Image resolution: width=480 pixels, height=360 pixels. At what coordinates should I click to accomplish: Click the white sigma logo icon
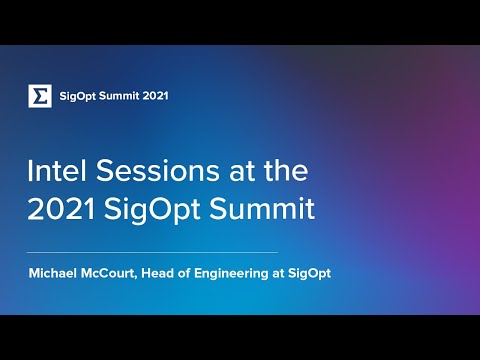coord(40,96)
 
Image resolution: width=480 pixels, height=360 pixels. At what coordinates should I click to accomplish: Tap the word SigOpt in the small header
coord(79,96)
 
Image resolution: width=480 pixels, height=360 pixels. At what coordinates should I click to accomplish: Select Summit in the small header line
coord(123,96)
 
